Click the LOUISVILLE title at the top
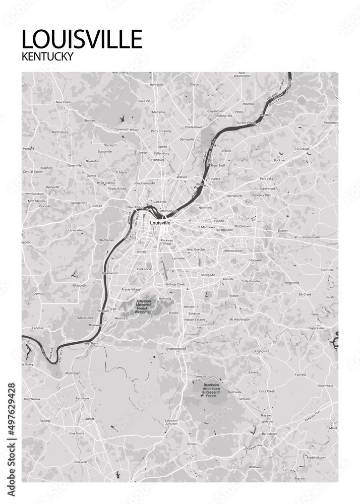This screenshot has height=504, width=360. pos(82,39)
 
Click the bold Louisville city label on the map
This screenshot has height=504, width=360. pos(160,222)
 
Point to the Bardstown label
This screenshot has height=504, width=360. pos(270,433)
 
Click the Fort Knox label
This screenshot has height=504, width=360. pos(82,398)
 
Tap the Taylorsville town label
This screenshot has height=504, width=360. pos(316,328)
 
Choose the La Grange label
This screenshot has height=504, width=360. pos(302,149)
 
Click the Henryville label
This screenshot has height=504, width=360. pos(157,84)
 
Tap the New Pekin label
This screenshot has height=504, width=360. pos(63,102)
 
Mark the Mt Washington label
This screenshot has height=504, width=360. pos(239,320)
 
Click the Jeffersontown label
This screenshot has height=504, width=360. pos(232,250)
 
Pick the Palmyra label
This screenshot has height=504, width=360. pos(28,149)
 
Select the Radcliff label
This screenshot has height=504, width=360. pos(89,419)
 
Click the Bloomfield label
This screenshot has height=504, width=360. pos(326,386)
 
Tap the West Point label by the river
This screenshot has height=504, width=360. pos(90,343)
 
